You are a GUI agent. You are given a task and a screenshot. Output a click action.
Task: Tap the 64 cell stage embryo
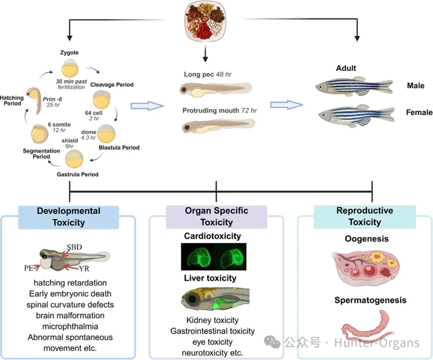point(102,100)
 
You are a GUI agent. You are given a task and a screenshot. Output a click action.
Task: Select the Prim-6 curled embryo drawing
point(34,101)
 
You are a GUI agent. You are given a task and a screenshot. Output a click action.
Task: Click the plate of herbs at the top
point(206,21)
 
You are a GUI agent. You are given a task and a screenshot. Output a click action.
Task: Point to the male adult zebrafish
point(354,86)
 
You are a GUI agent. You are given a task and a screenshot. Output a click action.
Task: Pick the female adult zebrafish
point(356,115)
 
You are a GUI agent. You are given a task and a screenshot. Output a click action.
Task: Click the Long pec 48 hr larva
point(216,89)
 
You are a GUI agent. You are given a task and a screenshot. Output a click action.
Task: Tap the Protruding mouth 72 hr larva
point(218,126)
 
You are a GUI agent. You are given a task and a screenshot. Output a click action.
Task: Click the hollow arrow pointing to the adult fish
point(286,105)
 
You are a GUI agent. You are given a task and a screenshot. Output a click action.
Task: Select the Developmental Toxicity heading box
point(69,217)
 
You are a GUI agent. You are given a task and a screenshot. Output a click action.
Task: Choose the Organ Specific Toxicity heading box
point(216,217)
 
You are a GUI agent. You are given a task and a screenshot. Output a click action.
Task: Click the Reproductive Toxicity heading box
point(364,216)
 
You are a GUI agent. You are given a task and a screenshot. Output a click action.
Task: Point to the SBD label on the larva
point(74,247)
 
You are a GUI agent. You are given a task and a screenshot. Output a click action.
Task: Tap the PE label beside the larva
point(29,268)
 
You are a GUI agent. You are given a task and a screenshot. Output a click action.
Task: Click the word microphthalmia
point(70,327)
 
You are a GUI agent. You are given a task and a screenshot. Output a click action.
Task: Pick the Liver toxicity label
point(210,278)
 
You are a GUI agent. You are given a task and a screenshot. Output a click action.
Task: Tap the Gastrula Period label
point(77,174)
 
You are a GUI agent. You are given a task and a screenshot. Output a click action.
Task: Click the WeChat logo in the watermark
point(272,342)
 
